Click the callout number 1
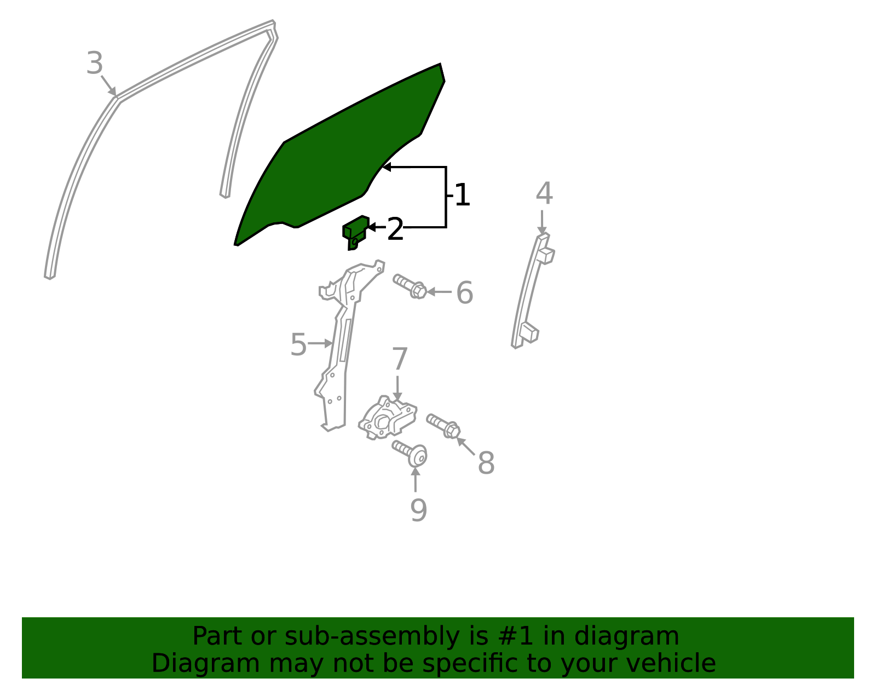(462, 195)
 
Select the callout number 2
(395, 229)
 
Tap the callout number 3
(95, 64)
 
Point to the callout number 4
(544, 193)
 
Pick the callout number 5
(298, 344)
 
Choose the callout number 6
(464, 292)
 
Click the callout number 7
(400, 359)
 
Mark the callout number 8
(486, 463)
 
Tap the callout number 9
(418, 510)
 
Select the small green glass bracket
(355, 233)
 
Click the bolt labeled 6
(409, 286)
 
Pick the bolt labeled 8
(443, 426)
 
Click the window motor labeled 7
(388, 418)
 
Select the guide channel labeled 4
(531, 290)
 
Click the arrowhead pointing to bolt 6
(431, 292)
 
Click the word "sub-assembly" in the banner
(372, 636)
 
